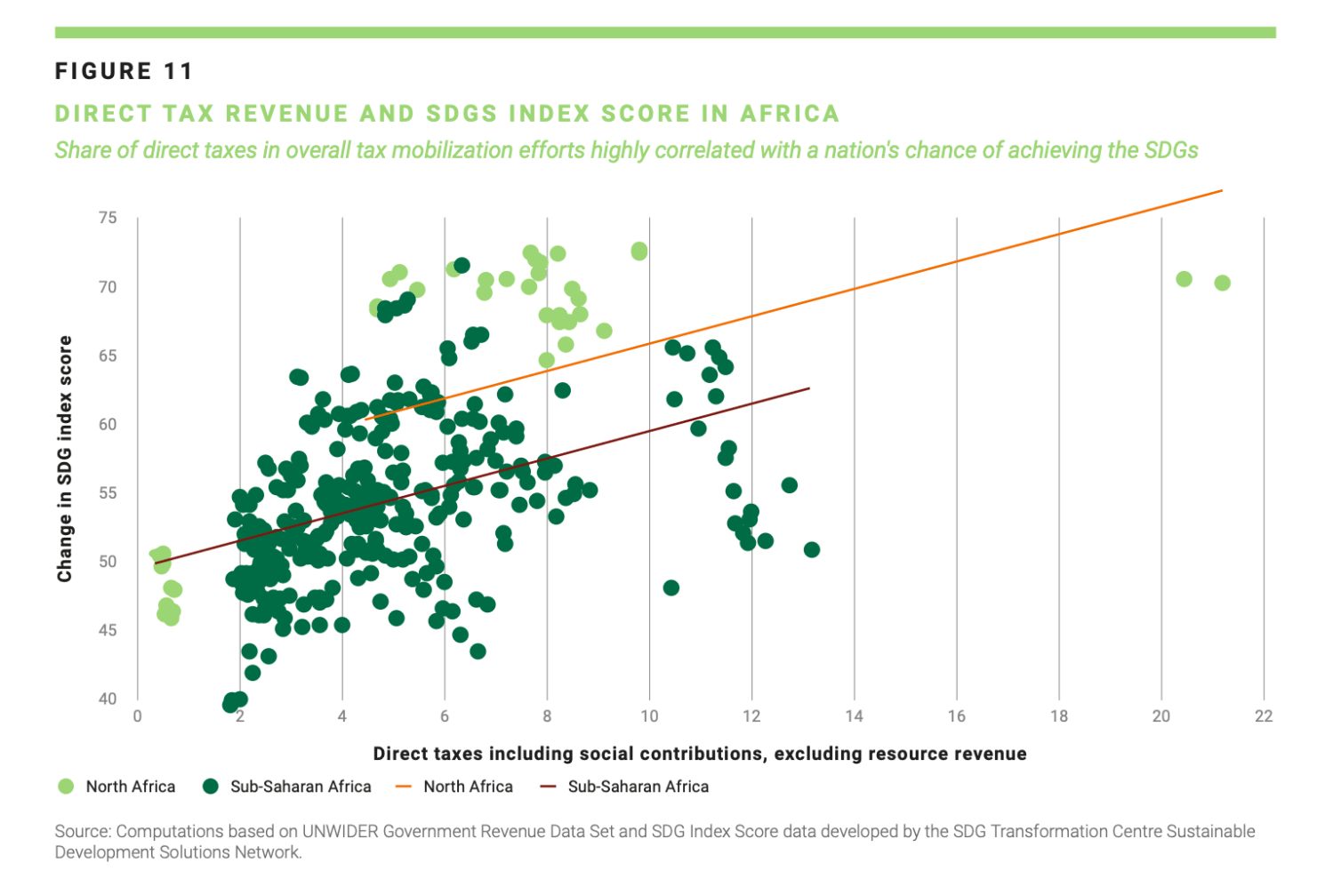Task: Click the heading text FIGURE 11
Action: pyautogui.click(x=124, y=71)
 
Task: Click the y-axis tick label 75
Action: pyautogui.click(x=108, y=218)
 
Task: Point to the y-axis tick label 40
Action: pyautogui.click(x=108, y=699)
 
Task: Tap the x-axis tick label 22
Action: pyautogui.click(x=1264, y=716)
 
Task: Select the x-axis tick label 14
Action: pyautogui.click(x=854, y=716)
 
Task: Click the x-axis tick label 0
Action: pyautogui.click(x=138, y=716)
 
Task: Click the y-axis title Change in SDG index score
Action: pyautogui.click(x=64, y=459)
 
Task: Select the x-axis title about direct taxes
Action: pyautogui.click(x=700, y=754)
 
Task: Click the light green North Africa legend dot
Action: pyautogui.click(x=66, y=787)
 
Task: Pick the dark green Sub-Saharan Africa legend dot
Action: pyautogui.click(x=210, y=787)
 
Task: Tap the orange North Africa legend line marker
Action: pyautogui.click(x=404, y=787)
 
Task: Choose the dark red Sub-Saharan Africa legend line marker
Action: pyautogui.click(x=548, y=787)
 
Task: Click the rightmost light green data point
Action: pyautogui.click(x=1223, y=284)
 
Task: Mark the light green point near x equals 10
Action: pyautogui.click(x=639, y=252)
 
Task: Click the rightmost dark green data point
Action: pyautogui.click(x=812, y=550)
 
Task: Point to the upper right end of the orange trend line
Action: pyautogui.click(x=1223, y=190)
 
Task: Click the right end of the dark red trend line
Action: pyautogui.click(x=810, y=388)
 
